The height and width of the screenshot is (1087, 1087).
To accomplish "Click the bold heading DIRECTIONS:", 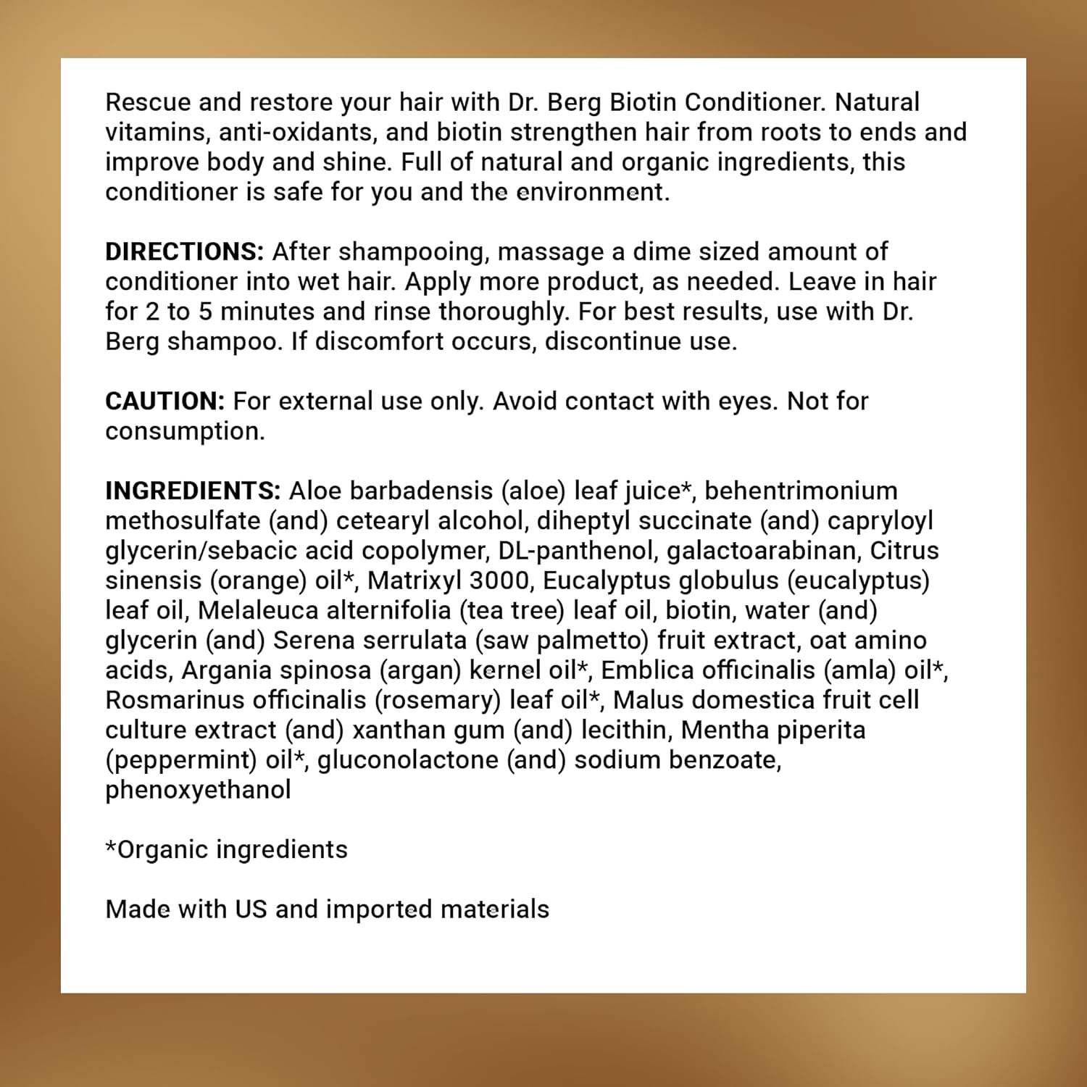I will pos(184,251).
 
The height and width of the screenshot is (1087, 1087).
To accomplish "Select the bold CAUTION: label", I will pos(165,401).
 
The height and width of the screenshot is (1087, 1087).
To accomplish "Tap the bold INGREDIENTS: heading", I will pos(193,491).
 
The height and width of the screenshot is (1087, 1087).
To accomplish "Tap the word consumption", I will pos(185,431).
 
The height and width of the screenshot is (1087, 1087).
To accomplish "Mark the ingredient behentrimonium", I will pos(801,491).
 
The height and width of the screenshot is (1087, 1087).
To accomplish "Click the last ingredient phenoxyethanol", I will pos(198,790).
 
